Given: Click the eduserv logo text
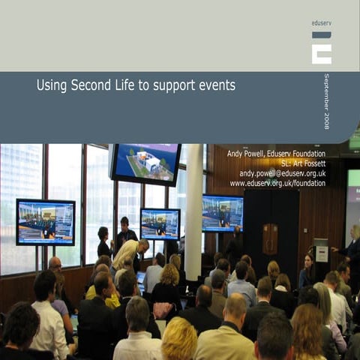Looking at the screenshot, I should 321,23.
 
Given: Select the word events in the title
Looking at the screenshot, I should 215,85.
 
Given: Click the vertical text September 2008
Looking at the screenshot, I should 326,101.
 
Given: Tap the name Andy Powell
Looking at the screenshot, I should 246,154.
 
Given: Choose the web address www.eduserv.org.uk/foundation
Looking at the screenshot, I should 277,183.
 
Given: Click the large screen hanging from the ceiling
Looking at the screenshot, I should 145,163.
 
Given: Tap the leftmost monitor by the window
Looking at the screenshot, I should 46,221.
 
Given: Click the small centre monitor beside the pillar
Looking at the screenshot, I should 160,223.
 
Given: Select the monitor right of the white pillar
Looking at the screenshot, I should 223,213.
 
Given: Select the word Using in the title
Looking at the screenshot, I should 52,85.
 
